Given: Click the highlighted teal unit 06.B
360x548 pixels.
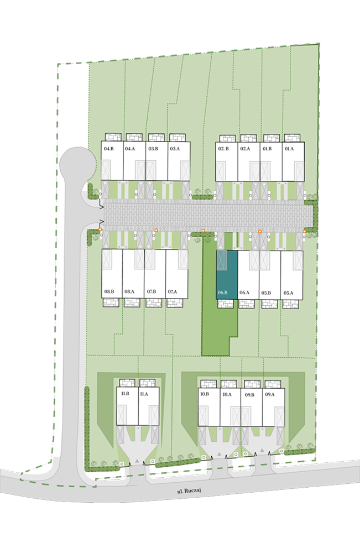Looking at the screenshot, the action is point(227,275).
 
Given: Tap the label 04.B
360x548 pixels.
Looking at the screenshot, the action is point(109,149).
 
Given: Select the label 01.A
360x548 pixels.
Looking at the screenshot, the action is point(289,149).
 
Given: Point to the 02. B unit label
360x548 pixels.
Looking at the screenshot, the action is point(223,149).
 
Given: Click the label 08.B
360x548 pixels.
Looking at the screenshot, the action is point(109,291).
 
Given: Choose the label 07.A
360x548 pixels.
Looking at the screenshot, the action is point(173,291).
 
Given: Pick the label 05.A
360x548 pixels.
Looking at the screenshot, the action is point(288,293).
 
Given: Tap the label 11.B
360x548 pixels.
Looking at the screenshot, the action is point(125,394).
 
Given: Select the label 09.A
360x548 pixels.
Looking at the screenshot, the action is point(270,395).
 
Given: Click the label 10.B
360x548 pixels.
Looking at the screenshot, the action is point(205,394).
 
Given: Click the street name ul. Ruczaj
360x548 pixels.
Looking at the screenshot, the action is point(189,491).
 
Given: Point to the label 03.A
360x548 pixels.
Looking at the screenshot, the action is point(175,149).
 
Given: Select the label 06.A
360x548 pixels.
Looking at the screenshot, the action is point(244,293).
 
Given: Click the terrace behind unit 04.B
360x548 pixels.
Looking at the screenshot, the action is point(113,137).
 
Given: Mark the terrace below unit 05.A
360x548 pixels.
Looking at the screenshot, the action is point(291,304).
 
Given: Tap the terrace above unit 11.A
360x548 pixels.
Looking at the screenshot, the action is point(147,383).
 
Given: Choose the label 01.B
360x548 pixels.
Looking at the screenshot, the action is point(267,149).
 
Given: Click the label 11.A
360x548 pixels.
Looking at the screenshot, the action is point(144,394).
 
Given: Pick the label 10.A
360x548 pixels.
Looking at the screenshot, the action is point(227,395).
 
